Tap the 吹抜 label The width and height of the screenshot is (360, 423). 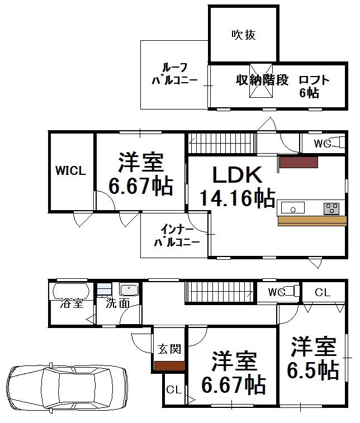point(244,35)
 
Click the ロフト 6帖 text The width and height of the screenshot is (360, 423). point(312,86)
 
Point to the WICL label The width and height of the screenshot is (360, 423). point(70,171)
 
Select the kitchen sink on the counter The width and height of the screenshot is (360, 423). point(293,208)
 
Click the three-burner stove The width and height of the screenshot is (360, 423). point(331,208)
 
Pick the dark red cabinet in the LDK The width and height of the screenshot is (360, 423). point(299,162)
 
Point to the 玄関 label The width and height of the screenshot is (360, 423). point(169,350)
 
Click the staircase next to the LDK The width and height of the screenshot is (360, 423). point(221,142)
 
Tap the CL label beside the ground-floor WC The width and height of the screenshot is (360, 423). point(322,292)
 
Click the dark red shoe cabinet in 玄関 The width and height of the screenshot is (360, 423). point(169,366)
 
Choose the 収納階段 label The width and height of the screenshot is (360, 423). point(262,80)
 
